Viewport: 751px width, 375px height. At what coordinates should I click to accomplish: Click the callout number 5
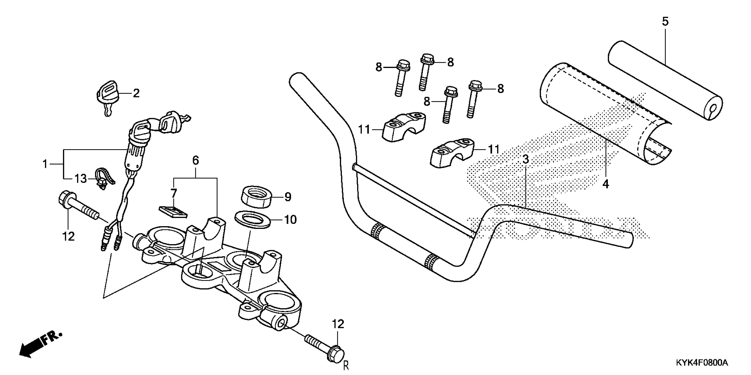coord(665,22)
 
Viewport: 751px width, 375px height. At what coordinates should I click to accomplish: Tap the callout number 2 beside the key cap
coord(136,94)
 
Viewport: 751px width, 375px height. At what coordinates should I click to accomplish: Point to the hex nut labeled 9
coord(256,197)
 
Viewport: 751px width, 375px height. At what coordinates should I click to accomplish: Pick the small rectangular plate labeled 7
coord(173,212)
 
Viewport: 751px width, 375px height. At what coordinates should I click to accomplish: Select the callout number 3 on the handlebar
coord(525,159)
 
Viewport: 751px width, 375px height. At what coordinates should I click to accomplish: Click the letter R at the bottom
coord(346,366)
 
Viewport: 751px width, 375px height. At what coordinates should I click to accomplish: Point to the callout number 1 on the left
coord(45,164)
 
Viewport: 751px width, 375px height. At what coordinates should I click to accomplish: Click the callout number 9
coord(288,197)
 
